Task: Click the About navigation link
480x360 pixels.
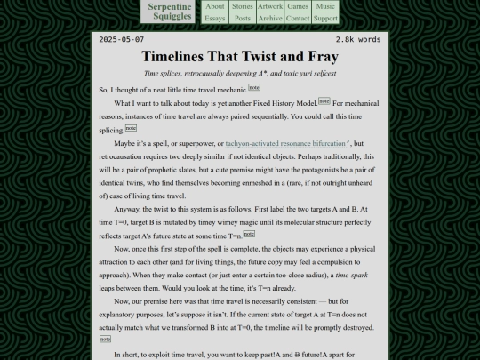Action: pos(215,6)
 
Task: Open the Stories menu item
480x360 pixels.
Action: pos(243,6)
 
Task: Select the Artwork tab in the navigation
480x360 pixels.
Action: pos(270,6)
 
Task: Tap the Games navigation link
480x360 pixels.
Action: pos(298,6)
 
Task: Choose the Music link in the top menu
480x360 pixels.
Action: pos(325,6)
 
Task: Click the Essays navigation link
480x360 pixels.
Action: pos(215,18)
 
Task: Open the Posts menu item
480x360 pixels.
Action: pos(243,18)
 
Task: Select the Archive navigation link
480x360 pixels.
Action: pos(270,18)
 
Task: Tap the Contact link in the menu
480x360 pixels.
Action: pos(298,18)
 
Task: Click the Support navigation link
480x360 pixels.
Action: pos(325,18)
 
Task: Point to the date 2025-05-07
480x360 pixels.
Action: pos(122,40)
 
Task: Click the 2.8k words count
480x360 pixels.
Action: pos(357,40)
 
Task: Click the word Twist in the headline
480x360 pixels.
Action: pos(264,56)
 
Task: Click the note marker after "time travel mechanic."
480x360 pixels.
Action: pos(253,88)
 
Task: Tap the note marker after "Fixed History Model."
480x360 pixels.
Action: pos(324,101)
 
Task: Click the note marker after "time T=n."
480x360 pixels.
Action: pos(248,233)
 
